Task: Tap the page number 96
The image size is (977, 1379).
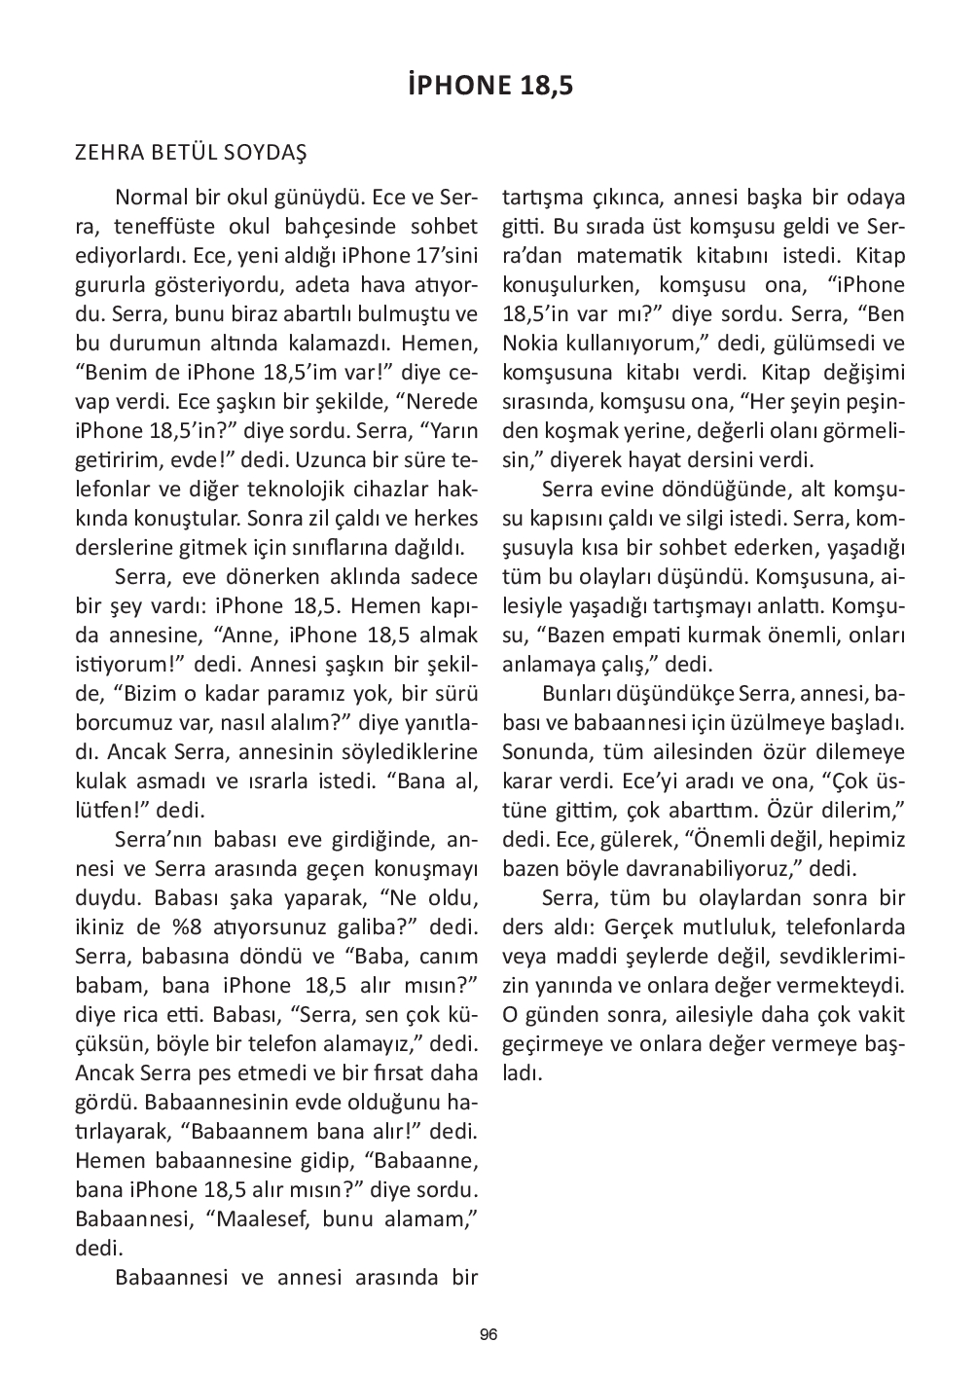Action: pos(488,1334)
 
